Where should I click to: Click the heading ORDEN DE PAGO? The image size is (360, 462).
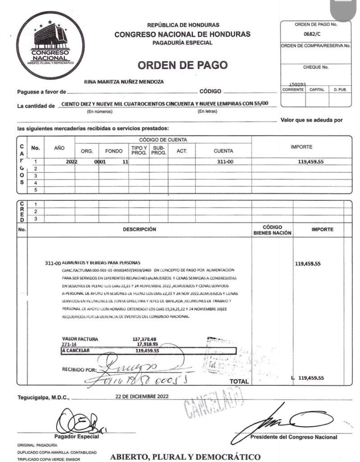point(182,65)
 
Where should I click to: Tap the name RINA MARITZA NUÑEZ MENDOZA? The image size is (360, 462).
point(124,82)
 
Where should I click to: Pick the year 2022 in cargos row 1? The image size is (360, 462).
point(72,161)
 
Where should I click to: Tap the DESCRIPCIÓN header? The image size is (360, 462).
point(139,229)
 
